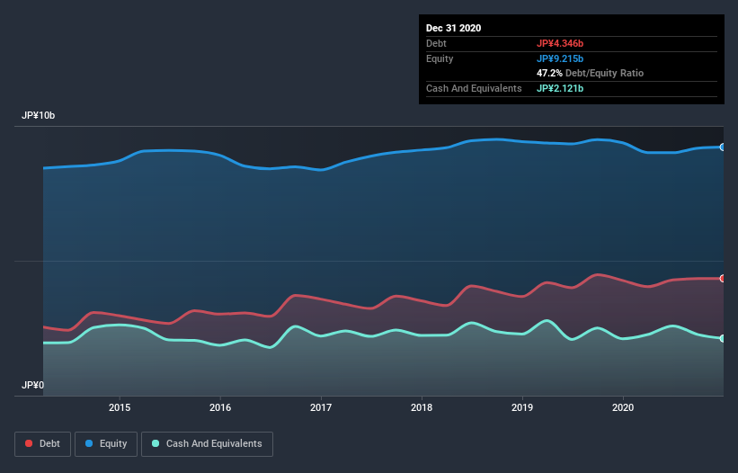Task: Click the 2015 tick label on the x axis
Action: [x=120, y=406]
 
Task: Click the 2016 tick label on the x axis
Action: [x=220, y=406]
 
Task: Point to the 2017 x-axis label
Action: [x=321, y=406]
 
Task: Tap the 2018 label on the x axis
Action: [x=422, y=406]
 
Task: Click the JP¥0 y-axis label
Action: [x=32, y=385]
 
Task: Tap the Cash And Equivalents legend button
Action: [x=207, y=443]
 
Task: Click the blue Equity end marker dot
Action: [x=722, y=147]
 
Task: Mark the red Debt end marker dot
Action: [x=722, y=279]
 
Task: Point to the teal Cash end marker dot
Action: [x=722, y=338]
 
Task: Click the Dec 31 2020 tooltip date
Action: [x=454, y=28]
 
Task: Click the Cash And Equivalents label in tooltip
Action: [x=474, y=88]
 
